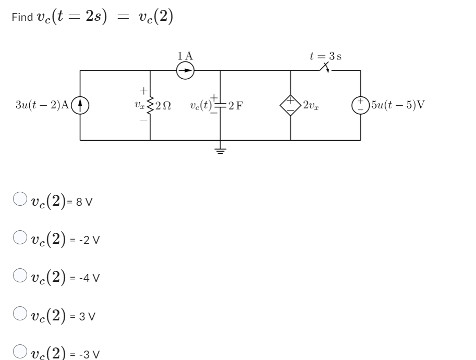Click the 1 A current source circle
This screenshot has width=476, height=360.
[x=185, y=70]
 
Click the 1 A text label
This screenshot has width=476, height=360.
[x=185, y=55]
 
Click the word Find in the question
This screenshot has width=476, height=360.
[x=21, y=17]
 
